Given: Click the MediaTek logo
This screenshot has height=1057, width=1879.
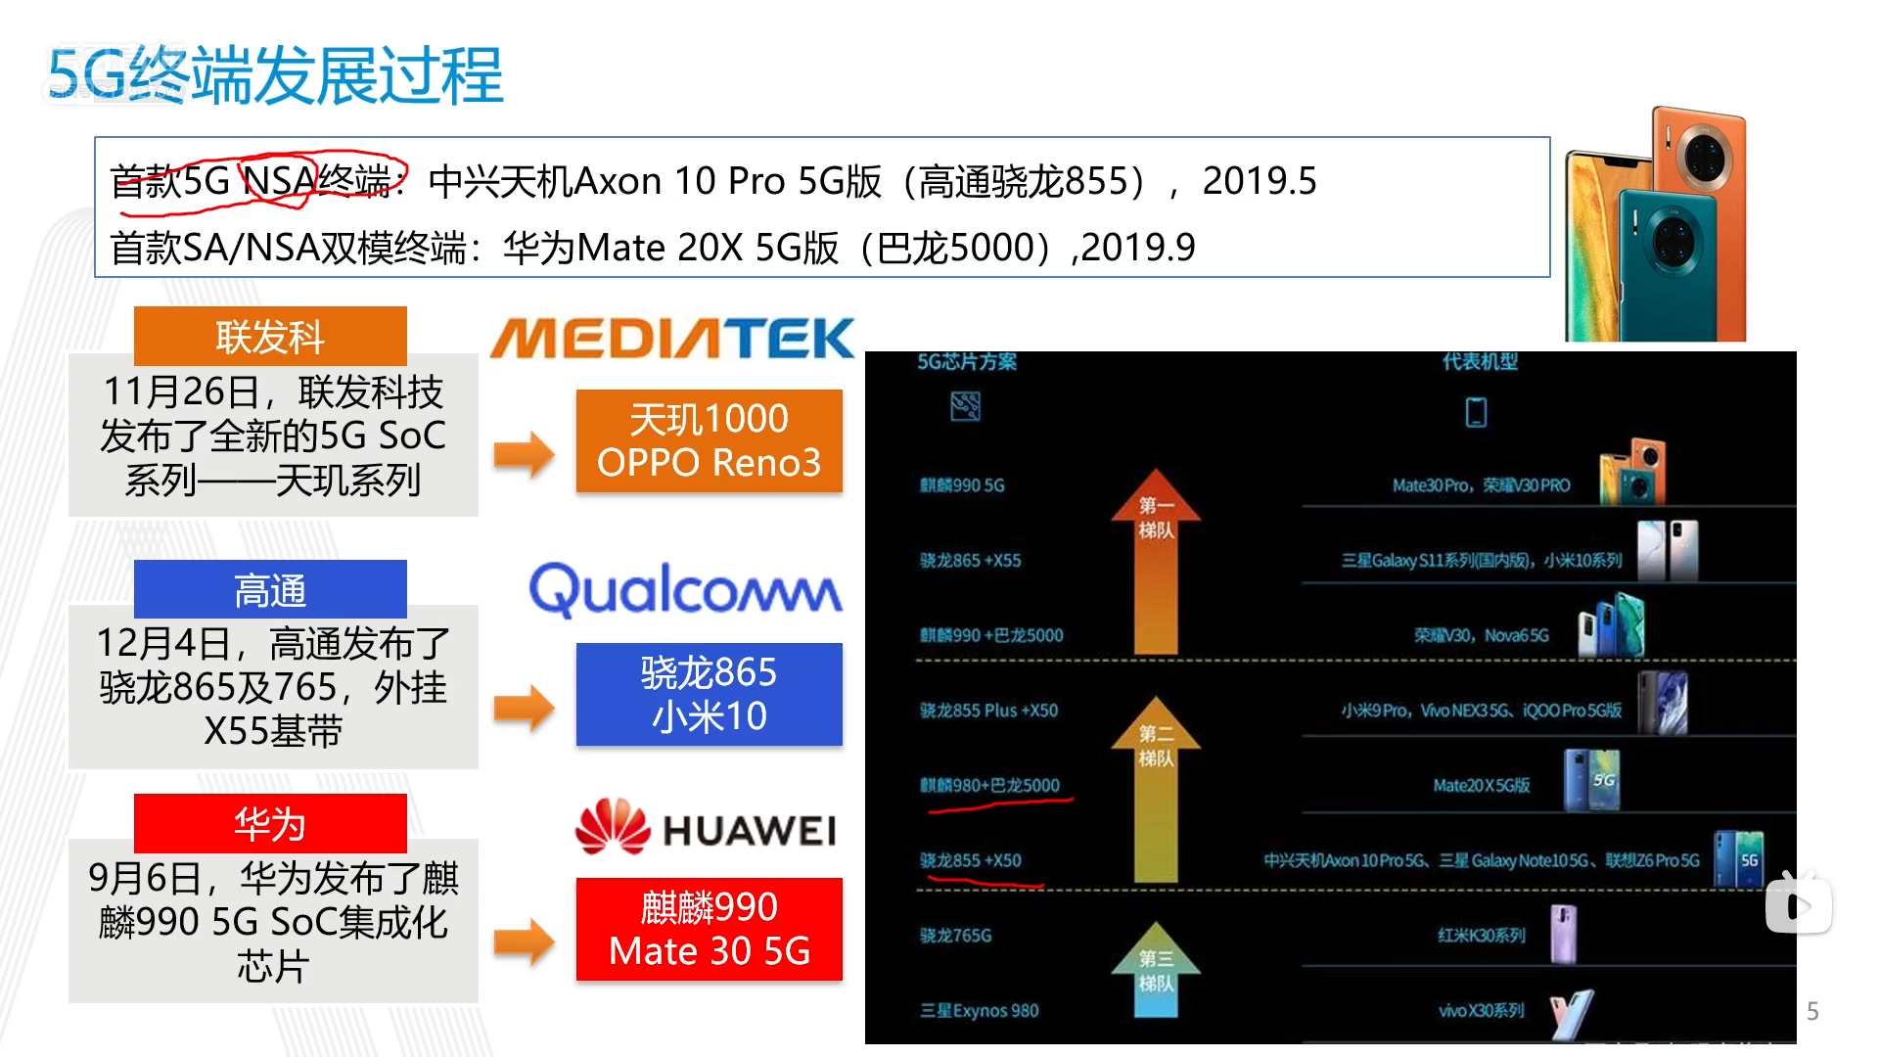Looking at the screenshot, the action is click(x=672, y=339).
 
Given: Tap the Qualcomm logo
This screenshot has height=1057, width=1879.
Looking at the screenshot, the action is click(x=685, y=589).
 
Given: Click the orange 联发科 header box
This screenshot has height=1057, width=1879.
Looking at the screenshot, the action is click(x=270, y=337).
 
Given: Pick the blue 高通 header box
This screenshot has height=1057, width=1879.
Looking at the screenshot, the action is click(x=270, y=589).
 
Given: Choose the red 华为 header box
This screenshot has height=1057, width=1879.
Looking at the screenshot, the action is click(x=270, y=823).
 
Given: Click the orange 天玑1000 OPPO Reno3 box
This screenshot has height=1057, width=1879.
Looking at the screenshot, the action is click(x=709, y=440).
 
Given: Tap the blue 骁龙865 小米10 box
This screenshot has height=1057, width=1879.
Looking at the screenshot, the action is click(x=709, y=694).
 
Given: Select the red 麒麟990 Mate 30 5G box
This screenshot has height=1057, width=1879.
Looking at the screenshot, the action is click(x=709, y=929).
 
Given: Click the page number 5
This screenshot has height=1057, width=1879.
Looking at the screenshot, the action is click(x=1811, y=1011).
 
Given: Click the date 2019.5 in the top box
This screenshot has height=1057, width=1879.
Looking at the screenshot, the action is click(x=1259, y=181).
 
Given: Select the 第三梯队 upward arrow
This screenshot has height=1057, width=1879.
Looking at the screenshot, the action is click(x=1155, y=969).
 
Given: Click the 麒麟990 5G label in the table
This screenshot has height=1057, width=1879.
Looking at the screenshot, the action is click(x=962, y=485).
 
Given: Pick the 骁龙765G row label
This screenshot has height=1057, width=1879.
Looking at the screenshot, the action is click(x=955, y=936).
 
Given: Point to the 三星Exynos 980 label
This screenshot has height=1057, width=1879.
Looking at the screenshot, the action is click(x=979, y=1011).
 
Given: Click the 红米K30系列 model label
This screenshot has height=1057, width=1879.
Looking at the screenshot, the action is click(x=1481, y=936).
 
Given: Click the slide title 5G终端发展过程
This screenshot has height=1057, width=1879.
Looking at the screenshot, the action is click(x=275, y=75).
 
